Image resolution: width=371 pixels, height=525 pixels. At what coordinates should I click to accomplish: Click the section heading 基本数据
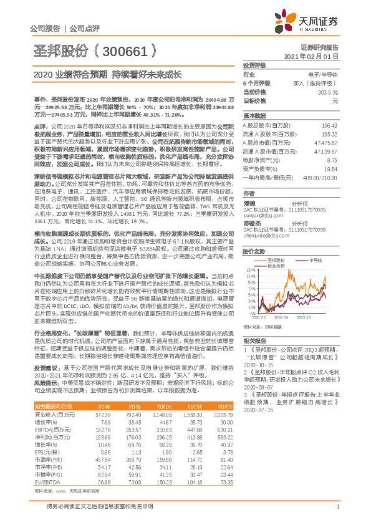[x=254, y=116]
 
